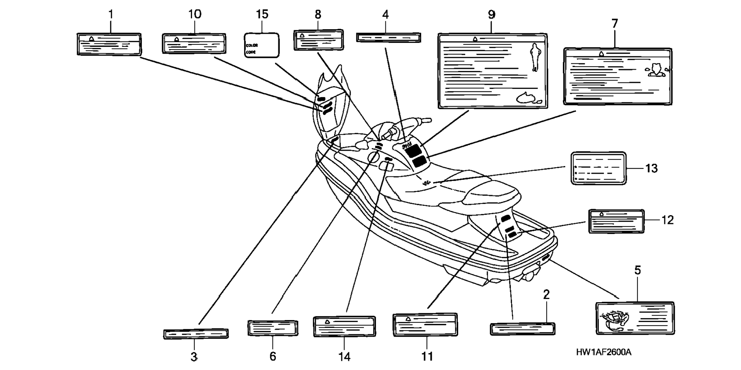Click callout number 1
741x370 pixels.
click(111, 15)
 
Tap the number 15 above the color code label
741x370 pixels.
click(262, 15)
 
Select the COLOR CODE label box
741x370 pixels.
click(262, 46)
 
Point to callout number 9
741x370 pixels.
click(492, 15)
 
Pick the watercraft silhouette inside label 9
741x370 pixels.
click(529, 98)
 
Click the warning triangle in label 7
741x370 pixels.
click(602, 54)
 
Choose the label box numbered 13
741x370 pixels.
click(598, 168)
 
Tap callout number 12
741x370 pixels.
click(667, 220)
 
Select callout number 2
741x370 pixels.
click(546, 294)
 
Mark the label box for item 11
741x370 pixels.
click(425, 325)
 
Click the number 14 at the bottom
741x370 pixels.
click(344, 357)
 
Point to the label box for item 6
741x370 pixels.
click(272, 328)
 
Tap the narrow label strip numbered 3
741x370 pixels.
click(196, 334)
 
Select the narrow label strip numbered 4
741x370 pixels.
click(388, 38)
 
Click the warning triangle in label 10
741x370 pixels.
click(177, 39)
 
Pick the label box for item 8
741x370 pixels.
click(318, 40)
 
